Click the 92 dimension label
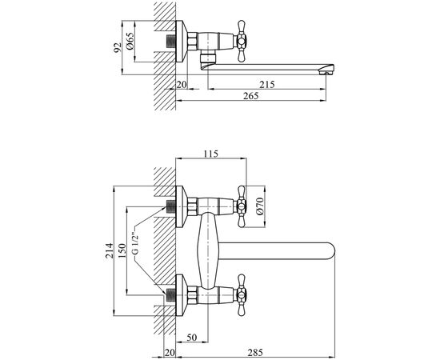118,47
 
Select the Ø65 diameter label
130,42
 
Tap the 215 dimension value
267,84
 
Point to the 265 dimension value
250,96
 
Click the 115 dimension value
210,154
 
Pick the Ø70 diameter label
260,206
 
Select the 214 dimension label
109,250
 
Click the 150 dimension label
122,250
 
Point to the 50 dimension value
192,337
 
